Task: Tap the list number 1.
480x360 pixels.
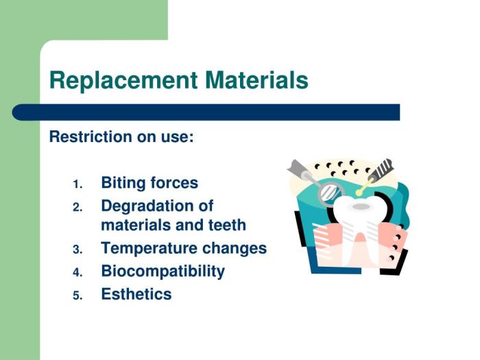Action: (77, 184)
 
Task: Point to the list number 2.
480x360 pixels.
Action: (77, 206)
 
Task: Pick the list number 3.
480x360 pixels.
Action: (77, 250)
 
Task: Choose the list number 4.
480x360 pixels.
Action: (77, 272)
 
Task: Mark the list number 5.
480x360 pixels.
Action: (77, 296)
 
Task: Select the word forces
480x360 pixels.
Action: (173, 183)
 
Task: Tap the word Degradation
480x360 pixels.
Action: (157, 206)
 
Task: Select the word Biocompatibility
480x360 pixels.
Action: (163, 271)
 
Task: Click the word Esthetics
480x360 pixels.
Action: (136, 294)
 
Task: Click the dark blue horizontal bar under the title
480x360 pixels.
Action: (206, 112)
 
